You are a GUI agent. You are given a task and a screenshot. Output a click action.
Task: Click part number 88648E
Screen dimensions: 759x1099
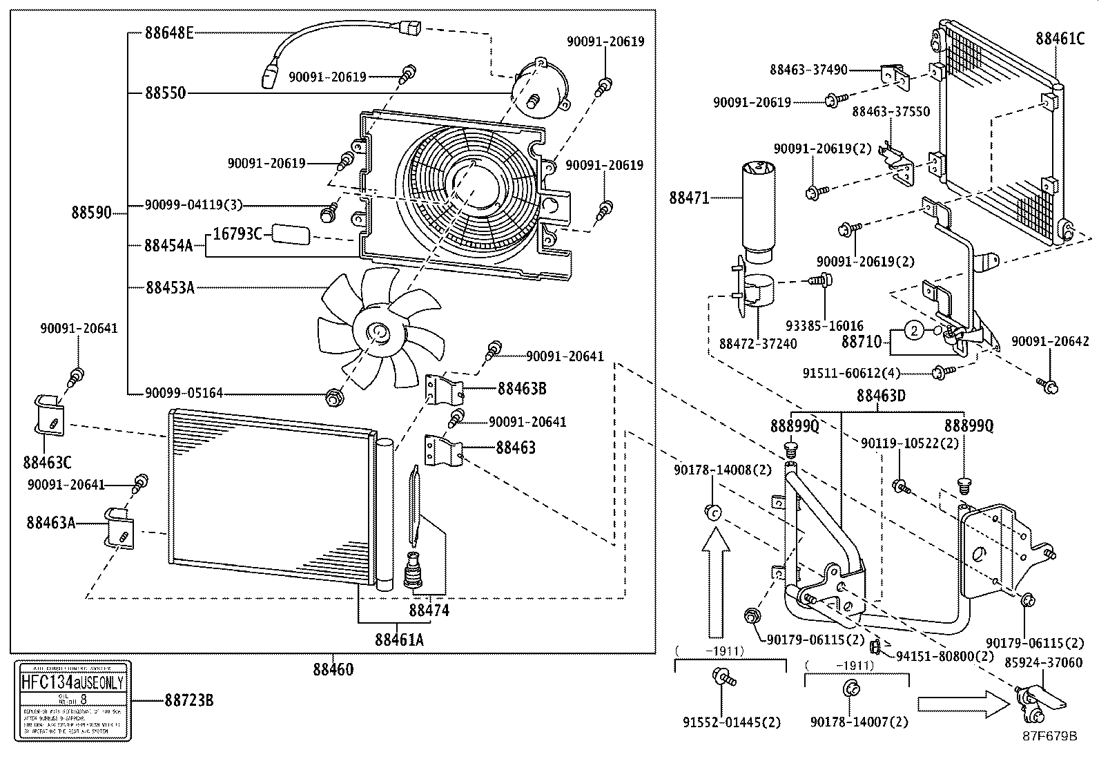click(x=169, y=32)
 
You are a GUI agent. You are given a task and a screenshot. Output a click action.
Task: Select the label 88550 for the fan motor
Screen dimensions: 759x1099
click(x=165, y=93)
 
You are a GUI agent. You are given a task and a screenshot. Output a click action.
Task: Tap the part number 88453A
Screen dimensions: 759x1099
click(x=170, y=287)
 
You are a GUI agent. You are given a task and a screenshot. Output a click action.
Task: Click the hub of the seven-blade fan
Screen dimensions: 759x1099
click(x=377, y=334)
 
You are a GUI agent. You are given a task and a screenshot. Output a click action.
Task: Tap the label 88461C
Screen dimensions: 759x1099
click(x=1060, y=38)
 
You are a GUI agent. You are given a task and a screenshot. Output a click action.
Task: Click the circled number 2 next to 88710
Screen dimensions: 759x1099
click(x=913, y=332)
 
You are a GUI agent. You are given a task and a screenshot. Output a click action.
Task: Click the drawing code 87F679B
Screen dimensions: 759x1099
click(x=1049, y=736)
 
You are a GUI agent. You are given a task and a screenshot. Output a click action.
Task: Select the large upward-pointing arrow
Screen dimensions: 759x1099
click(x=715, y=581)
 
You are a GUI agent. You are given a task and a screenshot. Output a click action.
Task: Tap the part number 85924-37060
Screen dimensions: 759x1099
click(x=1043, y=662)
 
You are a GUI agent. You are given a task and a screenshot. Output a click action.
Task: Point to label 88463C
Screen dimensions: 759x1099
click(x=46, y=462)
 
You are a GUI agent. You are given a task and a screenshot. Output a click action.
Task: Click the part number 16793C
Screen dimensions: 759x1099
click(x=237, y=234)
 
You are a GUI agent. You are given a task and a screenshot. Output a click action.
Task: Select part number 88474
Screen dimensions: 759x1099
click(x=428, y=611)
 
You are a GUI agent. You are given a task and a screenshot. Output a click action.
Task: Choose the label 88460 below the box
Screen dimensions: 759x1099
click(x=333, y=669)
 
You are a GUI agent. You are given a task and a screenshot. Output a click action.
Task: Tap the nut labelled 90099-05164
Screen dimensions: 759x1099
click(x=334, y=398)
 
